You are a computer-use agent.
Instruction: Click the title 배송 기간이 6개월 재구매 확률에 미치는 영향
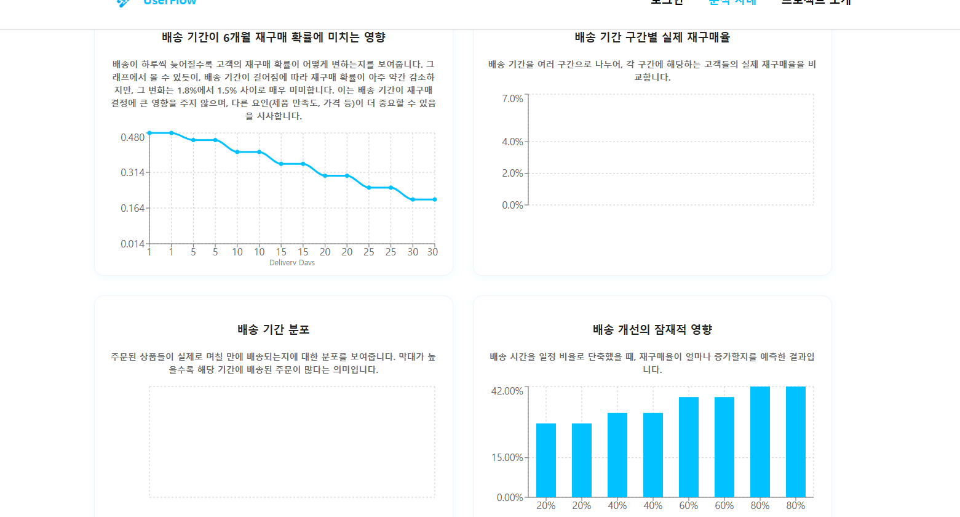pyautogui.click(x=274, y=38)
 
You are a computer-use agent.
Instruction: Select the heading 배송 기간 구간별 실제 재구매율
pyautogui.click(x=652, y=38)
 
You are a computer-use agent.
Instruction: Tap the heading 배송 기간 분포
pyautogui.click(x=274, y=330)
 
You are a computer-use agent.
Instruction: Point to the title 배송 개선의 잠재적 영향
pyautogui.click(x=652, y=330)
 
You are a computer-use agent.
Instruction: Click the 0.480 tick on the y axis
pyautogui.click(x=132, y=137)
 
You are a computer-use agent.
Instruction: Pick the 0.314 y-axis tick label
pyautogui.click(x=132, y=173)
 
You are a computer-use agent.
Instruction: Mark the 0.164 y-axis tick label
pyautogui.click(x=132, y=209)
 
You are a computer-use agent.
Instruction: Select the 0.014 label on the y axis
pyautogui.click(x=132, y=244)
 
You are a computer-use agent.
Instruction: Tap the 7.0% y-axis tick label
pyautogui.click(x=512, y=99)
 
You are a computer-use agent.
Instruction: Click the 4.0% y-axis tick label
pyautogui.click(x=512, y=142)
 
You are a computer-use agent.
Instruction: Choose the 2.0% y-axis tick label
pyautogui.click(x=512, y=174)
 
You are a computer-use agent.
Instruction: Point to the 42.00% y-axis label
pyautogui.click(x=507, y=391)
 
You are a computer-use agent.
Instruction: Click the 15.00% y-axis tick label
pyautogui.click(x=507, y=458)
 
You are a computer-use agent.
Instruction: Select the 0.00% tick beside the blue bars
pyautogui.click(x=510, y=498)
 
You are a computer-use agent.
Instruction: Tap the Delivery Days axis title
pyautogui.click(x=292, y=263)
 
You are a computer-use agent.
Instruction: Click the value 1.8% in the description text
pyautogui.click(x=187, y=90)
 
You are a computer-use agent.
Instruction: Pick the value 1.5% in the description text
pyautogui.click(x=227, y=90)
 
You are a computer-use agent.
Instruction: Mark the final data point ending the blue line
pyautogui.click(x=435, y=199)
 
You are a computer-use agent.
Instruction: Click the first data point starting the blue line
pyautogui.click(x=149, y=133)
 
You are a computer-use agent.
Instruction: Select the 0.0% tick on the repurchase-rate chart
pyautogui.click(x=512, y=206)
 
